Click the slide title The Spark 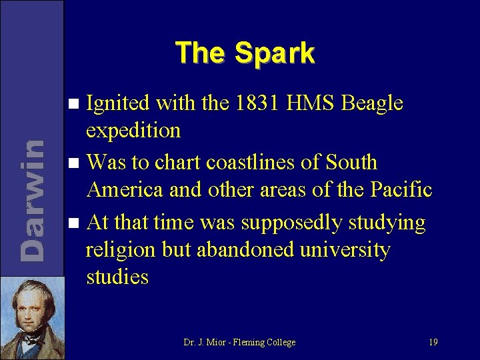click(x=245, y=53)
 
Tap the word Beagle click(x=372, y=103)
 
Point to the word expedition click(x=133, y=131)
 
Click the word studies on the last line click(x=117, y=277)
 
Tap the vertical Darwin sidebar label click(x=32, y=200)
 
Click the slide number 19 click(x=433, y=342)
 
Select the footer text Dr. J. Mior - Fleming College click(x=239, y=342)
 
